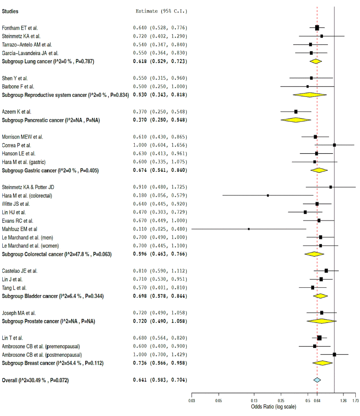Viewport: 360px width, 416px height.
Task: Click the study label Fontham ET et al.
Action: [20, 28]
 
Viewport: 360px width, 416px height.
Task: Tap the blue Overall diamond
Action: [317, 380]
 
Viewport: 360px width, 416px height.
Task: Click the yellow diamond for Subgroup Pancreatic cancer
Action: [296, 120]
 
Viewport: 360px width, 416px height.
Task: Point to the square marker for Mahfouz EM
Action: [249, 229]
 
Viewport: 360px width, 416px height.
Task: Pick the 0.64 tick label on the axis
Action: [317, 401]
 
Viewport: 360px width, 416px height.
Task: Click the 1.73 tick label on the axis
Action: [355, 401]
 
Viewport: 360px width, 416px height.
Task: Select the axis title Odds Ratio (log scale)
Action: [273, 407]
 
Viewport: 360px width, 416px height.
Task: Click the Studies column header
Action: [11, 11]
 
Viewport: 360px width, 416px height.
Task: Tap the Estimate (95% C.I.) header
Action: [161, 11]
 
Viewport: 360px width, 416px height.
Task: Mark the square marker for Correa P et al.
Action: [334, 145]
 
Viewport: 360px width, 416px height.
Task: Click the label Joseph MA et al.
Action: [19, 313]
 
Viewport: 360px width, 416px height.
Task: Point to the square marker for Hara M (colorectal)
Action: [268, 195]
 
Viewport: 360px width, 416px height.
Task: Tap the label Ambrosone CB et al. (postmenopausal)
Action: [42, 354]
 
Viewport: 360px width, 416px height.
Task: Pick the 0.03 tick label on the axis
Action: [192, 401]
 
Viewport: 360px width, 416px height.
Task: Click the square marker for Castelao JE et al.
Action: [326, 271]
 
